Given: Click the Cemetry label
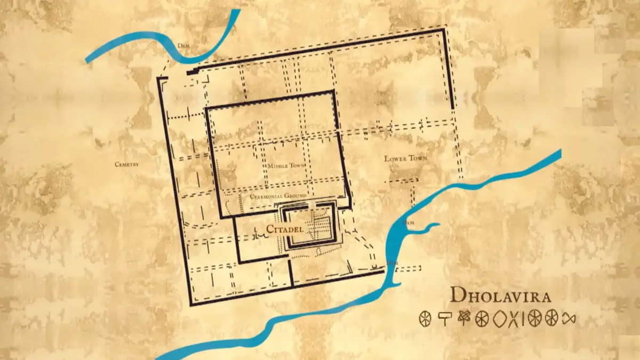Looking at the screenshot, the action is (126, 164).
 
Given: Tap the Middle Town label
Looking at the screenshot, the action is (286, 166).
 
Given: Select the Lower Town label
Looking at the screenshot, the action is (406, 158).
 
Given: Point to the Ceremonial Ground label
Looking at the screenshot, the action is (278, 196).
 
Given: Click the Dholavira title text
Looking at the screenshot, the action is (500, 296).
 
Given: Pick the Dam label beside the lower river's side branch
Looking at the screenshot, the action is (407, 221).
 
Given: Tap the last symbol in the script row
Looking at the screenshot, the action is (569, 318).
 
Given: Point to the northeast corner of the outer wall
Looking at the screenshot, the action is (444, 30).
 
